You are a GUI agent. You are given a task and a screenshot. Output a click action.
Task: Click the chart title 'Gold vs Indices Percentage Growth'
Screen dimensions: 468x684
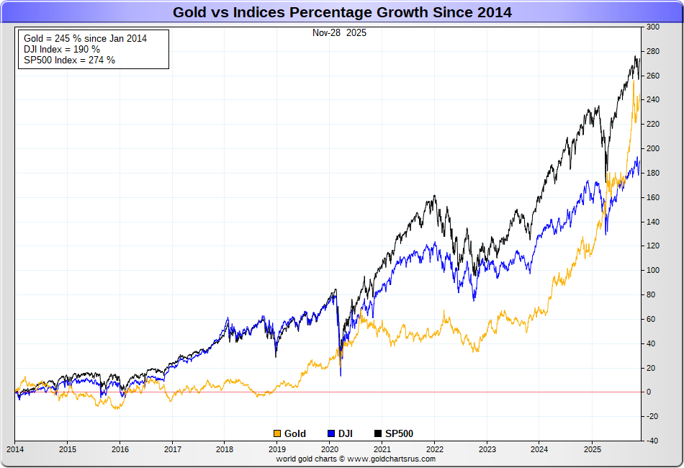click(342, 12)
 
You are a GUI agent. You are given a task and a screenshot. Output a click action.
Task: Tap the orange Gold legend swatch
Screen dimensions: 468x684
click(277, 433)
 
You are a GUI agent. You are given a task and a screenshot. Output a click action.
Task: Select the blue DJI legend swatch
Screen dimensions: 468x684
click(331, 433)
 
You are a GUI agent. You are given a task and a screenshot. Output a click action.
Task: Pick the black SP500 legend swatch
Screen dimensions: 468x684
click(379, 433)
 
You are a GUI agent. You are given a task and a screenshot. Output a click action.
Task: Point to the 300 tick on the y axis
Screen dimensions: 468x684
click(653, 27)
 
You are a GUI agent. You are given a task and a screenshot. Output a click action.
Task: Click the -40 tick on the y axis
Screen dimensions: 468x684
click(652, 441)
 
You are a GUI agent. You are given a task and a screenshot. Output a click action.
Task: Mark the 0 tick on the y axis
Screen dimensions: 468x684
click(650, 392)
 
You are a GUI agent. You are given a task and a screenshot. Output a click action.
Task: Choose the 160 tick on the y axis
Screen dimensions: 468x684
click(653, 197)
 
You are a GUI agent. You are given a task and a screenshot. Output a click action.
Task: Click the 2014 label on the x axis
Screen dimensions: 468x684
click(14, 449)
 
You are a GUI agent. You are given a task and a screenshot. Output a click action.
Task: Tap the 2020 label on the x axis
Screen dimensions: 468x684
click(330, 449)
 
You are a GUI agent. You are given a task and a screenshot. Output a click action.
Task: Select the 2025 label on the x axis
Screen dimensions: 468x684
click(592, 449)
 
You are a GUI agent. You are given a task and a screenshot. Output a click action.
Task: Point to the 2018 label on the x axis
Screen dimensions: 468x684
click(225, 449)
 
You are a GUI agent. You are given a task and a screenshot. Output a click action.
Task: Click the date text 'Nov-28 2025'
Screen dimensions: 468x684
click(338, 33)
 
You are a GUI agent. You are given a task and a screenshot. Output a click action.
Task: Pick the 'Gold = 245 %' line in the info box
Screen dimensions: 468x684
click(85, 38)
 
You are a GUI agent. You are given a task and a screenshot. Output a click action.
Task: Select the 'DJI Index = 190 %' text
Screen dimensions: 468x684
click(62, 49)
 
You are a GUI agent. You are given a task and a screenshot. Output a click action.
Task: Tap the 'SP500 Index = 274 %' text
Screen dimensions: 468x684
click(69, 60)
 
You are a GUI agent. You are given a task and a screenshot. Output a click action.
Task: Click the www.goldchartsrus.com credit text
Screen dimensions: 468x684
click(356, 459)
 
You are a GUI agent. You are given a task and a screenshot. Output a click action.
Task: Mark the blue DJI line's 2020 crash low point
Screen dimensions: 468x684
click(341, 375)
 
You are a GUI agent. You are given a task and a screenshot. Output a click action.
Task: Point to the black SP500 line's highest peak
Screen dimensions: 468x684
click(635, 56)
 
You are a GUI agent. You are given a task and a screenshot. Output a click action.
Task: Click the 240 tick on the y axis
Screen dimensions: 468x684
click(653, 100)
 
